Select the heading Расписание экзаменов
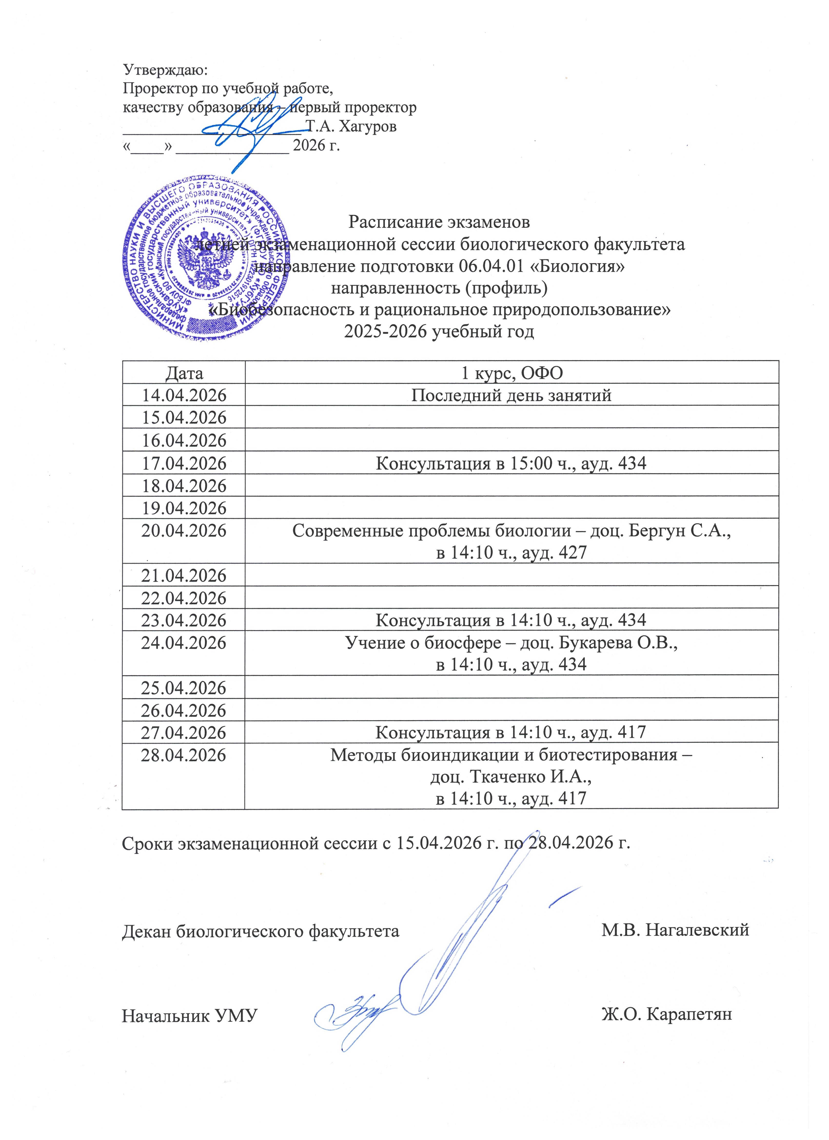[x=439, y=222]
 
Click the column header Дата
[x=184, y=373]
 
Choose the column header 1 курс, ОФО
[x=512, y=373]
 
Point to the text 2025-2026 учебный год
[x=439, y=332]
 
